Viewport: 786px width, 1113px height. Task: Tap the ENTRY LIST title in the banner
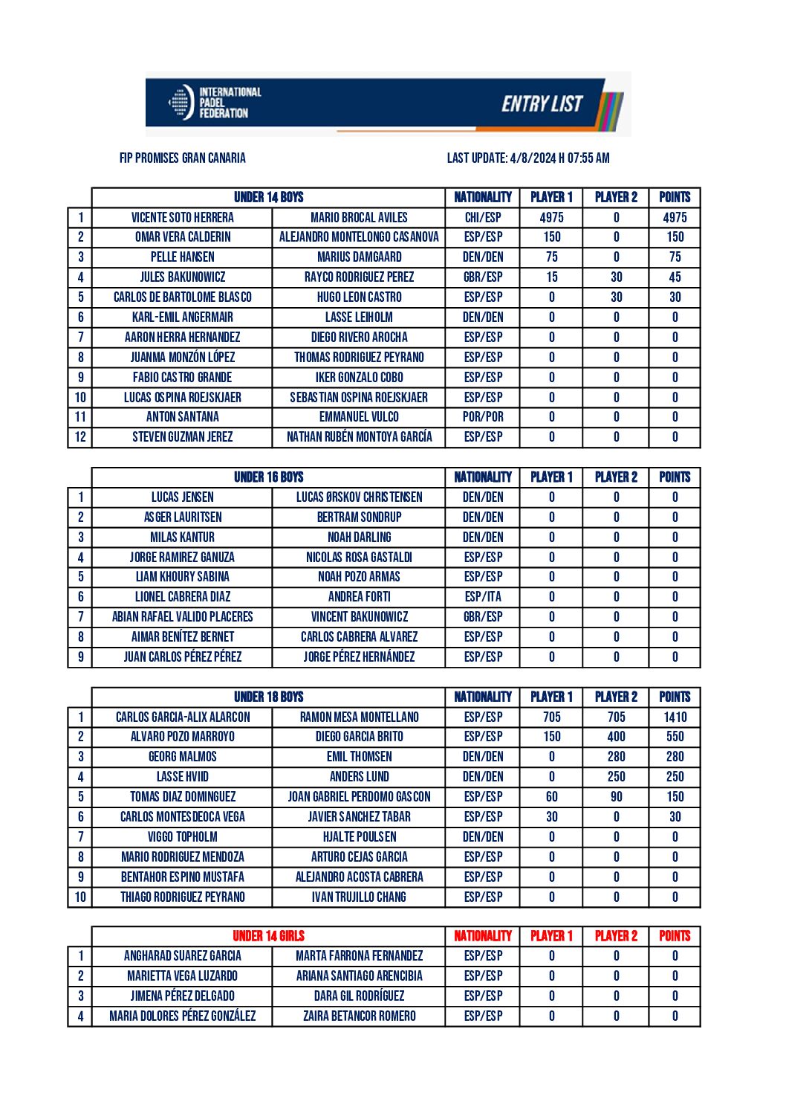pos(542,104)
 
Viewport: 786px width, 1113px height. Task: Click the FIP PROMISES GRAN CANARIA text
pos(182,158)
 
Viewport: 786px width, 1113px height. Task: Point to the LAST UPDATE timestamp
pos(527,158)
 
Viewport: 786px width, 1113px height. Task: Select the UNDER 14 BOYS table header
pos(268,197)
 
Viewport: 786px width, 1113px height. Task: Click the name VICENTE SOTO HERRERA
pos(182,217)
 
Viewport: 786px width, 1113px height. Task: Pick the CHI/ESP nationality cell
pos(483,217)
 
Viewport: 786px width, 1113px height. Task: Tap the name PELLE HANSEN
pos(182,257)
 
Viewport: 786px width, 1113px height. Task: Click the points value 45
pos(675,277)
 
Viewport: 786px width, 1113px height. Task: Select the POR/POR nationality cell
pos(483,417)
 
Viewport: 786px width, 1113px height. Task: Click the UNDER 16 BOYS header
pos(268,477)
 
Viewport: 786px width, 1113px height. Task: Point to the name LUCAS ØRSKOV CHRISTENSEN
pos(359,497)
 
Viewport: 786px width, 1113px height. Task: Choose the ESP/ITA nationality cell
pos(483,597)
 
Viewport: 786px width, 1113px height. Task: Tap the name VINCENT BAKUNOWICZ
pos(359,617)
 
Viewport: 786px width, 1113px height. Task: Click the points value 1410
pos(675,717)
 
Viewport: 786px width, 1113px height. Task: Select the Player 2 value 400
pos(616,737)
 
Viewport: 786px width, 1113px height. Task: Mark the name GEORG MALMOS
pos(182,757)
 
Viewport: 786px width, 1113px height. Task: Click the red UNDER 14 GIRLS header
pos(268,936)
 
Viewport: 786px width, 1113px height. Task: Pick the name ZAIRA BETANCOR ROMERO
pos(359,1016)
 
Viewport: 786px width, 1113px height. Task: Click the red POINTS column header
pos(675,936)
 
